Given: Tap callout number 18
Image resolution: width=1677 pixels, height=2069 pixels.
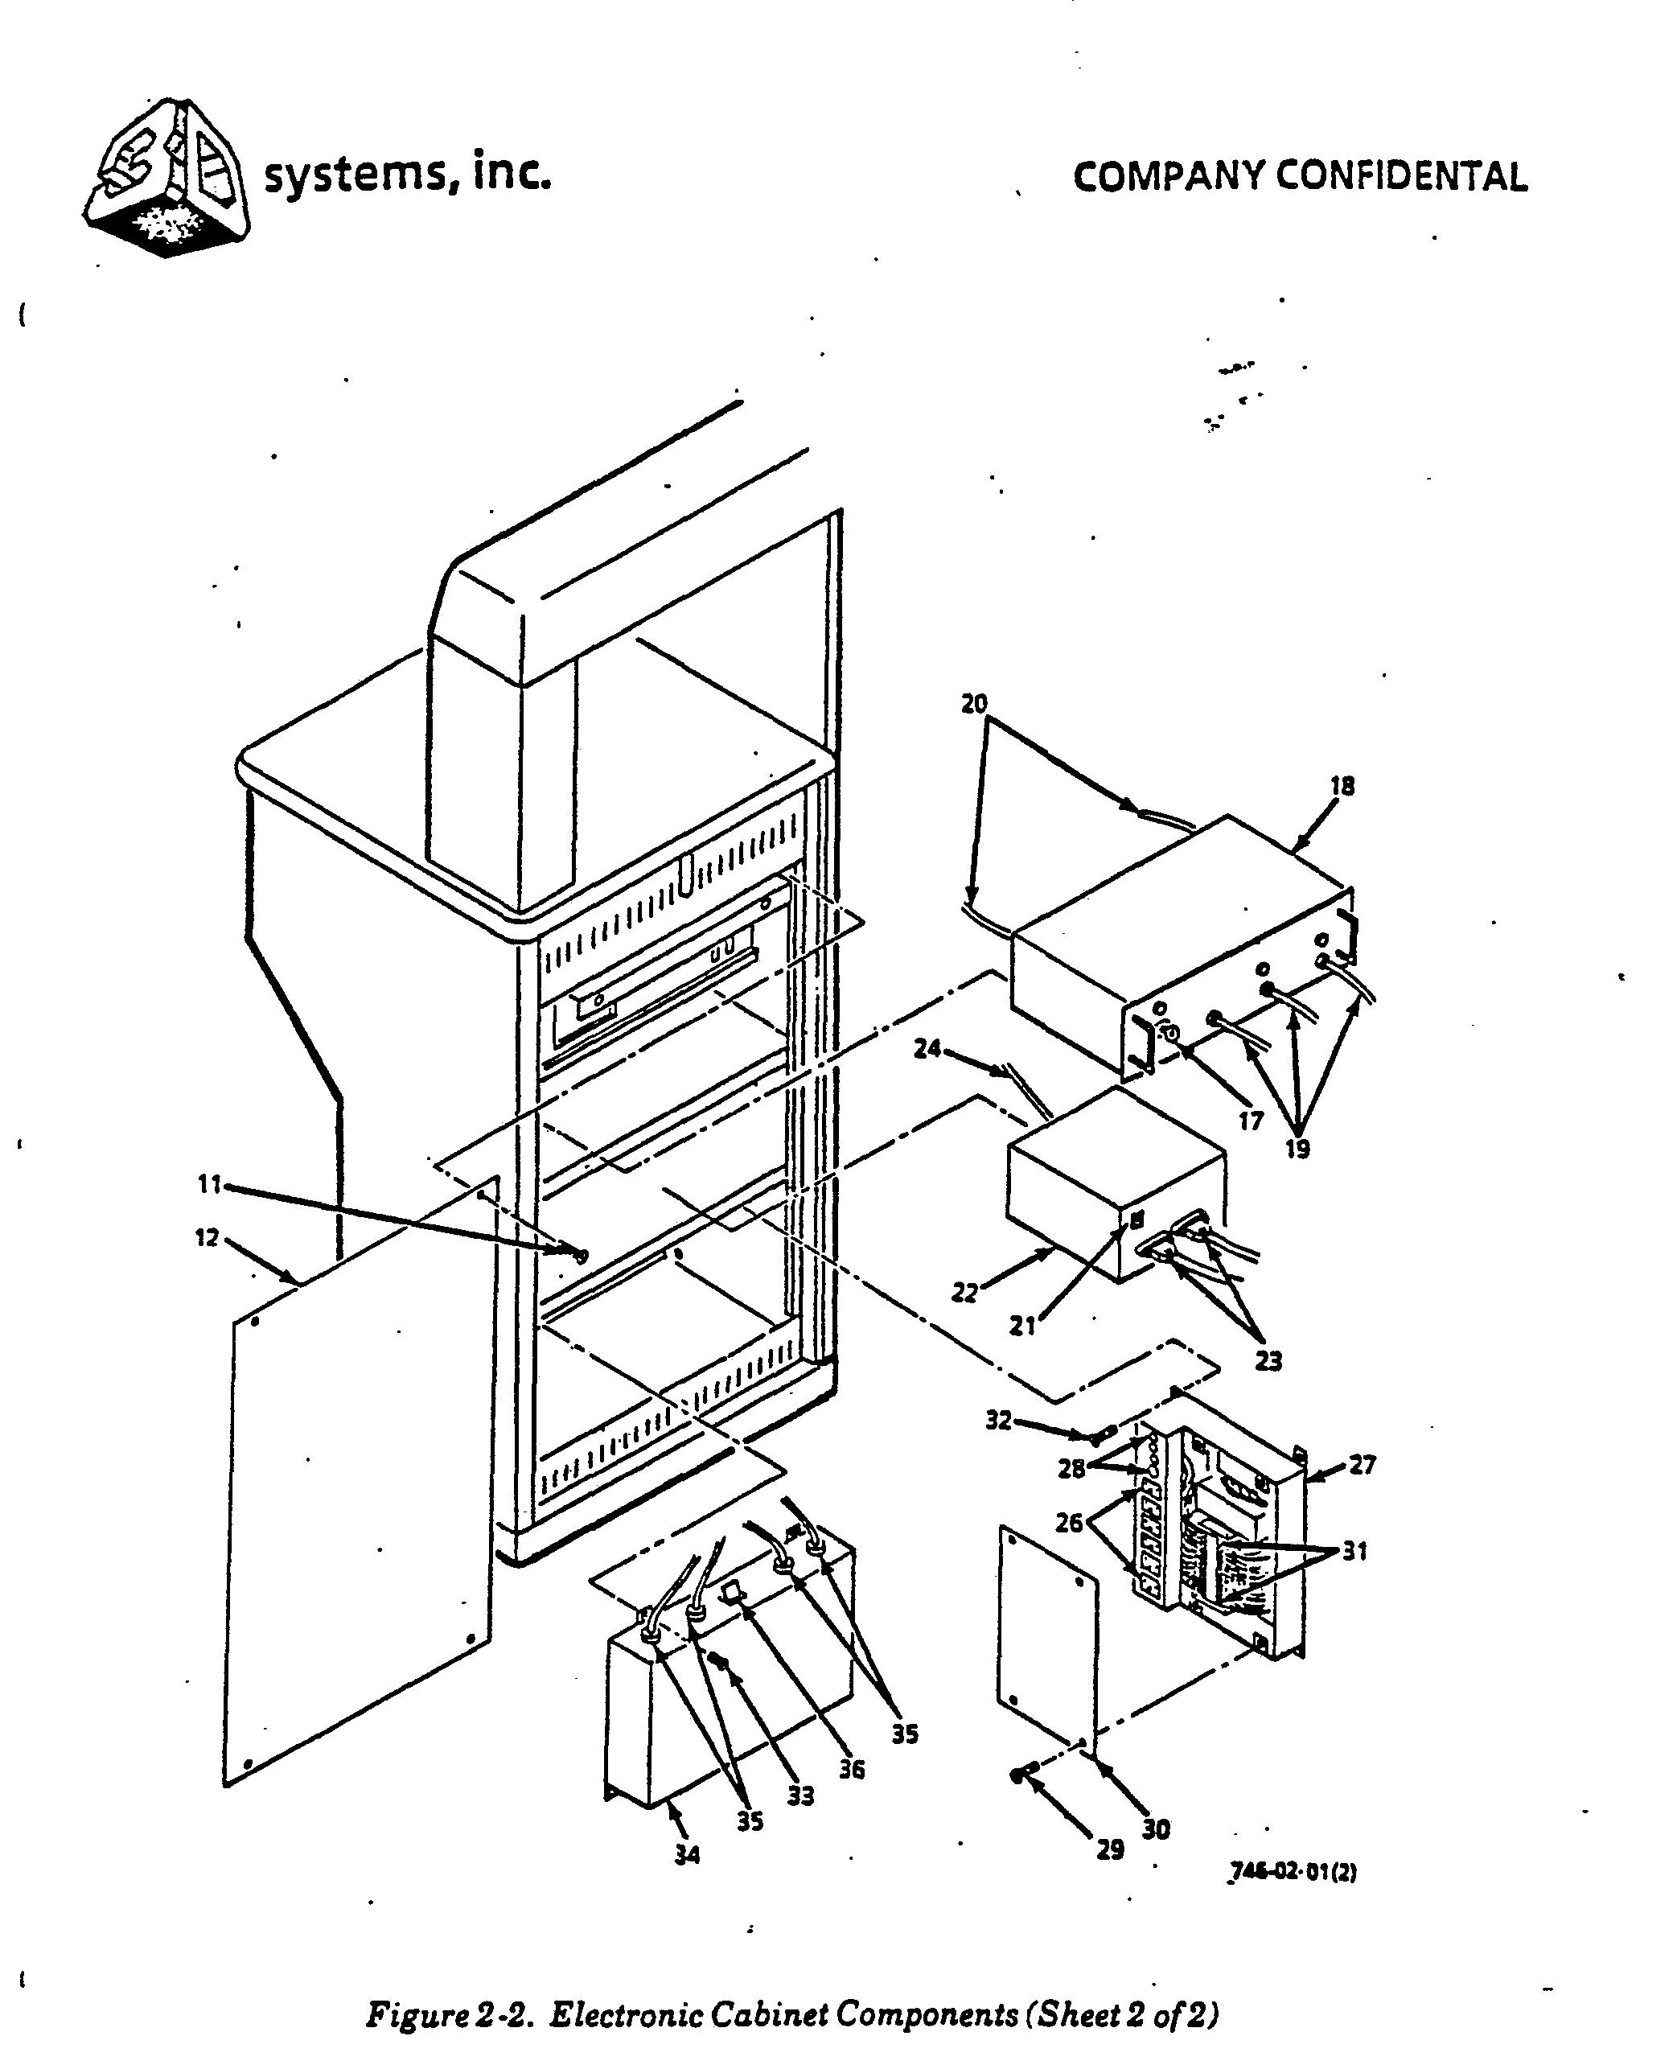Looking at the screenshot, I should point(1342,786).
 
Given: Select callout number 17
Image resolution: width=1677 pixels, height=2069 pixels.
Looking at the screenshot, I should point(1250,1121).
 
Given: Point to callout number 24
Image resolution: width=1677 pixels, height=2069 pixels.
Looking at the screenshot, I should point(927,1048).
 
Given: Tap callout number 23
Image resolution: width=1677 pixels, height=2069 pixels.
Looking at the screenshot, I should point(1268,1361).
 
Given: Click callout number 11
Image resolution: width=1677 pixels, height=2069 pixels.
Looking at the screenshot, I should point(210,1184).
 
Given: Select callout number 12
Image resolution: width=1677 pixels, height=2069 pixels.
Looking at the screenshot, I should point(207,1237).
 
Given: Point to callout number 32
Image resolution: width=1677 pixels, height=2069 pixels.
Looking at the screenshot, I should point(998,1420).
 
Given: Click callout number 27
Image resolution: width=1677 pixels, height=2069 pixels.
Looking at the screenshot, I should point(1361,1466).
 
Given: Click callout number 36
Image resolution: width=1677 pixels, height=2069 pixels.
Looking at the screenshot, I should point(851,1770).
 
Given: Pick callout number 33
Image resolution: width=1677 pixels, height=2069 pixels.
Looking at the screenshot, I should point(799,1795).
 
